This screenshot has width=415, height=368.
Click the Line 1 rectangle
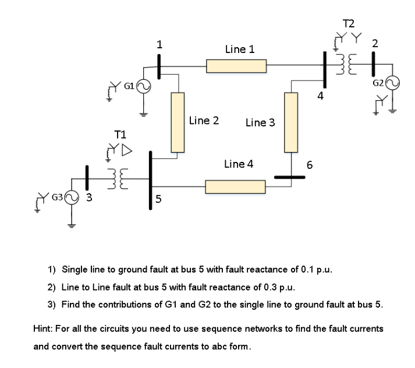(236, 65)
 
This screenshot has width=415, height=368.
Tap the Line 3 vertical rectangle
(291, 122)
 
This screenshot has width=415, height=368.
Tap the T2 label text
(349, 24)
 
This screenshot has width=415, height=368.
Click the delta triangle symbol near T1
(126, 152)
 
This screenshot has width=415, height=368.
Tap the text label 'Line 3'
(260, 122)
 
